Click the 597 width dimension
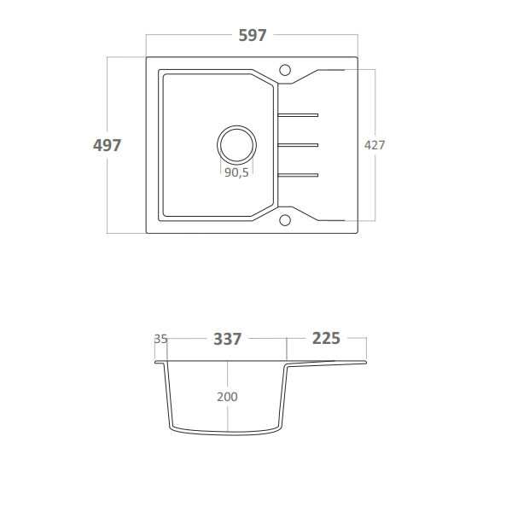click(253, 36)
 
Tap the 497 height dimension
click(107, 145)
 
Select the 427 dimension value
click(375, 145)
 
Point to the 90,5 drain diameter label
click(236, 172)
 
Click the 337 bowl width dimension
click(227, 339)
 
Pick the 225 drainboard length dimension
click(326, 339)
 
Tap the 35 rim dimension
click(160, 339)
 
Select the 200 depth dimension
click(227, 397)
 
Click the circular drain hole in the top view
click(236, 143)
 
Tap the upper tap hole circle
click(286, 68)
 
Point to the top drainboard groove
click(297, 113)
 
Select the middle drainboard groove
click(297, 143)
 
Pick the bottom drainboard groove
click(297, 175)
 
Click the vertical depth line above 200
click(228, 375)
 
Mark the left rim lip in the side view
click(160, 362)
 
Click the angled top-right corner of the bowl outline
click(264, 78)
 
